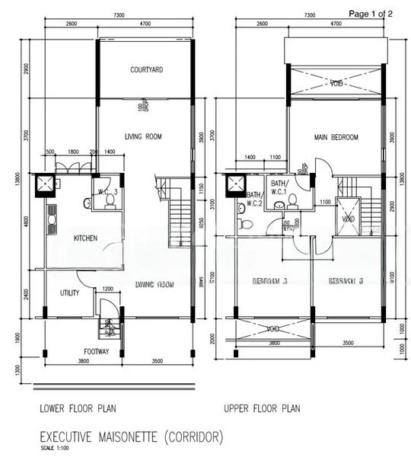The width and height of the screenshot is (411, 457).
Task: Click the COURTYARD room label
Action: coord(146,69)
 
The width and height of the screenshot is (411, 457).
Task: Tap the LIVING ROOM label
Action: coord(144,136)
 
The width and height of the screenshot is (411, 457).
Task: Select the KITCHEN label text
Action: coord(85,238)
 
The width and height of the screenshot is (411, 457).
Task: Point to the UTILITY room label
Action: coord(69,292)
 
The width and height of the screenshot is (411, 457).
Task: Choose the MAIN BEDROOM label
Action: coord(336,137)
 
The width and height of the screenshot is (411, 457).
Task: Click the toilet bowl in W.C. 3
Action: coord(110,200)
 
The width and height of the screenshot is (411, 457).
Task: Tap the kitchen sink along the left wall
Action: coord(53,218)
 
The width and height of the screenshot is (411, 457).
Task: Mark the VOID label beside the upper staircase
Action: coord(349,219)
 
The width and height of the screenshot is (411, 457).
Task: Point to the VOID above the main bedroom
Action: coord(336,82)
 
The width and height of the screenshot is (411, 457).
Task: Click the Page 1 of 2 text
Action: coord(371,14)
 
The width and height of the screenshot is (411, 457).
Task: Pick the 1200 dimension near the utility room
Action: coord(107,289)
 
